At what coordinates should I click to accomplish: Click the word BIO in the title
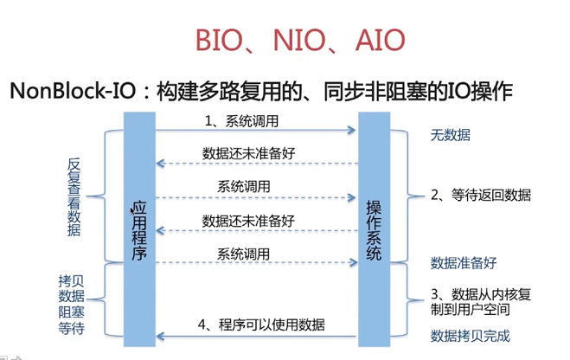(221, 40)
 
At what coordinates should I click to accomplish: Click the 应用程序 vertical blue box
(138, 229)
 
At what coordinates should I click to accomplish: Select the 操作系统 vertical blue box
(374, 229)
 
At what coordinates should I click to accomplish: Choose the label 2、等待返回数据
(481, 195)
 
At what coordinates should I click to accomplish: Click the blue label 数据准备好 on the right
(464, 262)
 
